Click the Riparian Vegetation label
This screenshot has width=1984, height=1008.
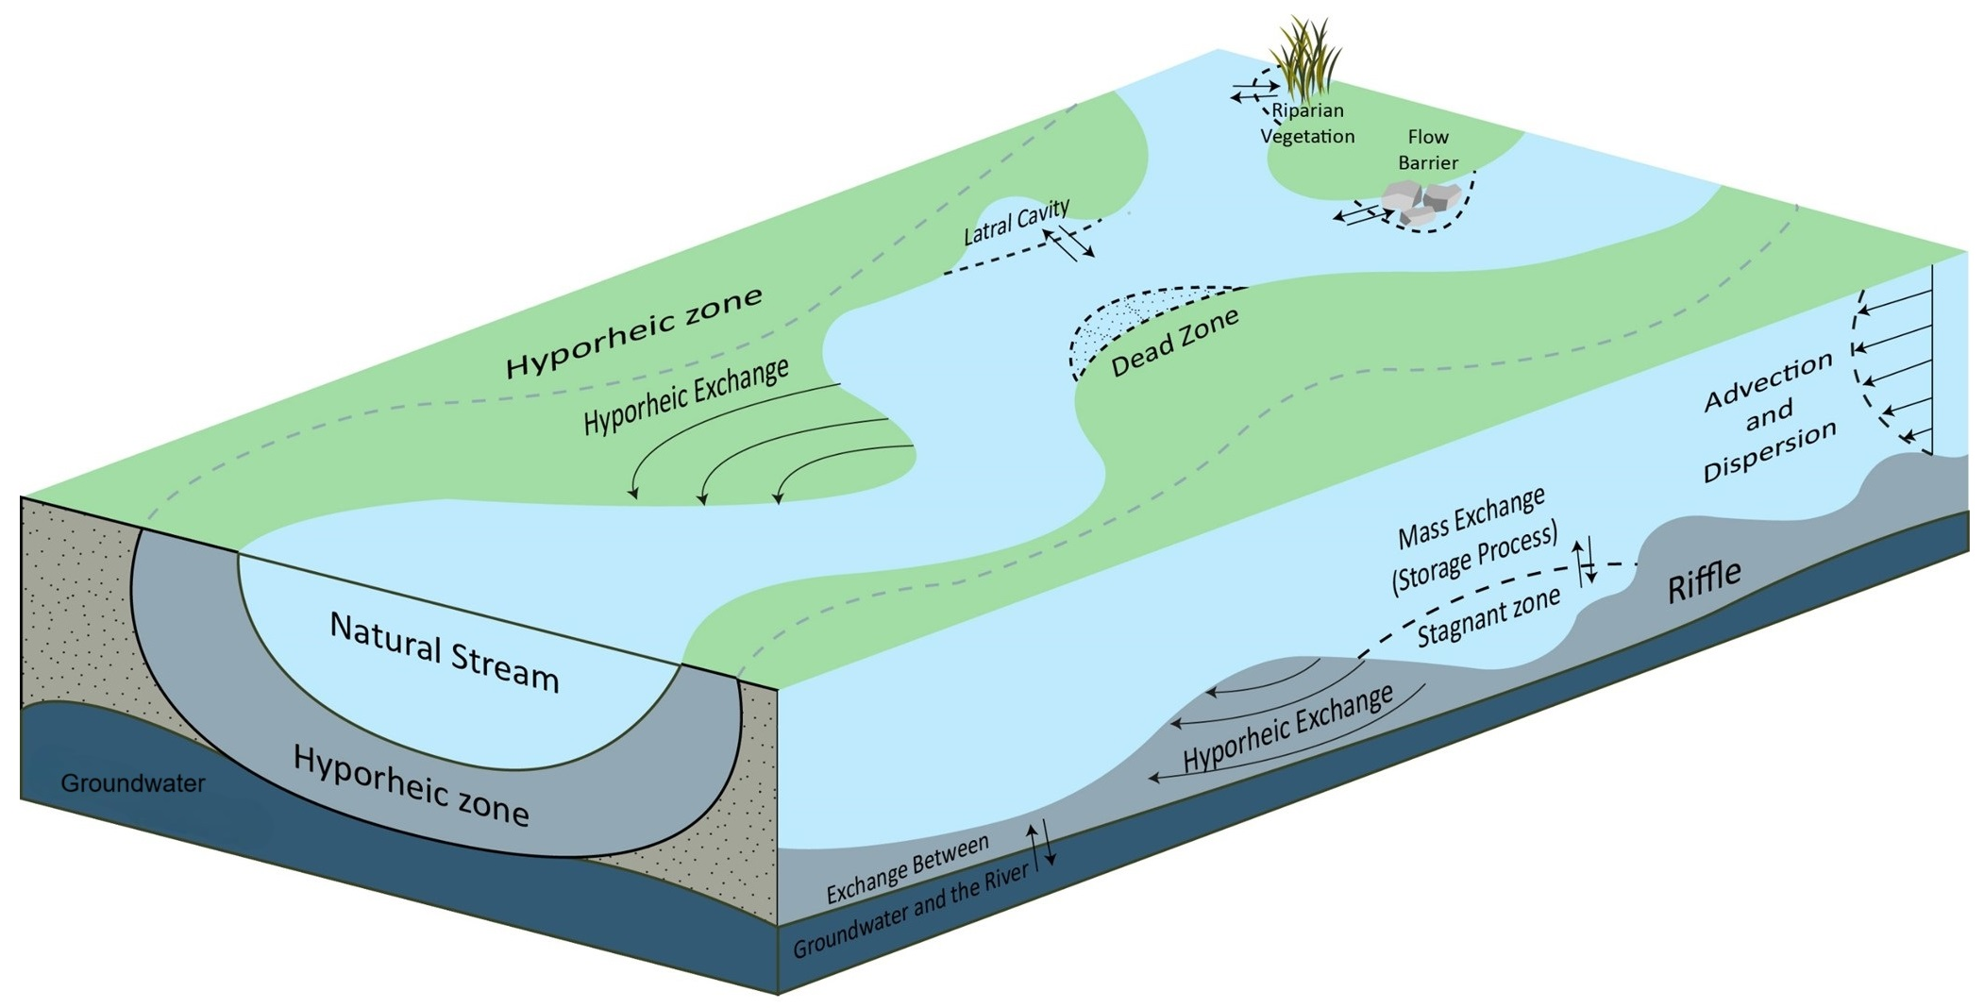coord(1307,124)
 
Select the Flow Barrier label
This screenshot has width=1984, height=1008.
coord(1427,150)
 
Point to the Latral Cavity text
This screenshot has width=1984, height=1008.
coord(1016,223)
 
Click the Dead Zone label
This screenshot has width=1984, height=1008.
coord(1174,343)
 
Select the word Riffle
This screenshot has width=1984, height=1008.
coord(1704,581)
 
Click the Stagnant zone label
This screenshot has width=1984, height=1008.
coord(1488,619)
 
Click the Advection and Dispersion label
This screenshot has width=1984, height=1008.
coord(1769,415)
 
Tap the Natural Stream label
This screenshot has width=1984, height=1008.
coord(444,651)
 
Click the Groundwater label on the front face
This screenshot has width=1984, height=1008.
coord(132,783)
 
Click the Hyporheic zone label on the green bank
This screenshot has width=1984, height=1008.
coord(633,331)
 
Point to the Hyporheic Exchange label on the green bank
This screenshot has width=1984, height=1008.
coord(686,396)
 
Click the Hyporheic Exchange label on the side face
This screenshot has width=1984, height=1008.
coord(1288,728)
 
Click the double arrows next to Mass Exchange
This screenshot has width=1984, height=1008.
coord(1584,561)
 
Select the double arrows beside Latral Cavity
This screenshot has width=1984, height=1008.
coord(1069,243)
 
